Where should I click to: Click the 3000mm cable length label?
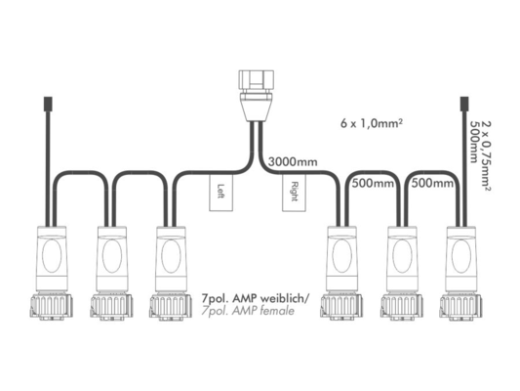[x=293, y=162]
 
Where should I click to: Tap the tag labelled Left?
[x=220, y=193]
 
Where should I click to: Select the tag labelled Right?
[x=294, y=193]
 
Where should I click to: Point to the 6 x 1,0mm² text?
[x=372, y=123]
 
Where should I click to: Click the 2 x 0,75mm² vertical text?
[x=486, y=156]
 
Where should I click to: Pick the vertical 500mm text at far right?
[x=475, y=142]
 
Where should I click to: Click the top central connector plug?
[x=257, y=96]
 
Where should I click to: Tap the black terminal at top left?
[x=48, y=104]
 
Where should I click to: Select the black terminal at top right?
[x=464, y=104]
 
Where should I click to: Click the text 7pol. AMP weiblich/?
[x=255, y=298]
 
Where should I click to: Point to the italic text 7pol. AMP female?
[x=248, y=311]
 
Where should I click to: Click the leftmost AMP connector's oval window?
[x=52, y=256]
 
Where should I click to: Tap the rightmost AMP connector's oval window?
[x=461, y=256]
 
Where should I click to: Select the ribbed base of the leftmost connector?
[x=52, y=306]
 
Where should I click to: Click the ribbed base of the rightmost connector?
[x=460, y=306]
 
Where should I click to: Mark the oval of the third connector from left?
[x=171, y=256]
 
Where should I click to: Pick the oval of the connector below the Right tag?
[x=341, y=256]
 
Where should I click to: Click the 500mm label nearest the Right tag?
[x=373, y=183]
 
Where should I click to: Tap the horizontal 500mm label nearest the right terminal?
[x=432, y=183]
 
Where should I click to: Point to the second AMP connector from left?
[x=112, y=273]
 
